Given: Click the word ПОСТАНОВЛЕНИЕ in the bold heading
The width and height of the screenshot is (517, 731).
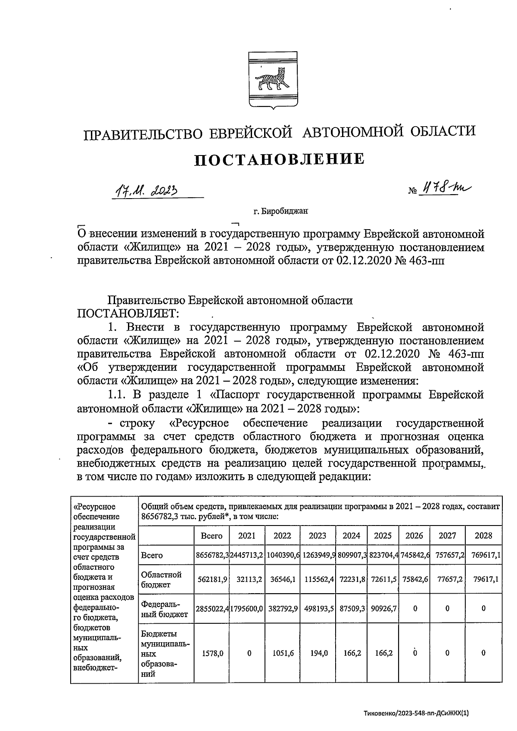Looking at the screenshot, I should pos(280,159).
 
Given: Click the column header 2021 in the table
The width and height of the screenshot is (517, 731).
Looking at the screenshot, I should pos(247,535).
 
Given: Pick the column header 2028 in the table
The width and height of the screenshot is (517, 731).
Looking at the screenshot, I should pos(483,535).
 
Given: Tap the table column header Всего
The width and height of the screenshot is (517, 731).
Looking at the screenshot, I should pos(212,535).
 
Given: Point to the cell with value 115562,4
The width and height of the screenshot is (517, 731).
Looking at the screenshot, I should pos(318,579).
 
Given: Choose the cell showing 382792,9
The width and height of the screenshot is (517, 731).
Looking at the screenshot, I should pos(282,609).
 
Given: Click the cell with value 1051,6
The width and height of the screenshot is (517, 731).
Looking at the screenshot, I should pos(282,653).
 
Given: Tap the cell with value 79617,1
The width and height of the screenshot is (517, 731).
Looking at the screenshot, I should pos(483,579).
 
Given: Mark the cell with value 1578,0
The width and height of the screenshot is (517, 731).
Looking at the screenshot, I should pos(212,653).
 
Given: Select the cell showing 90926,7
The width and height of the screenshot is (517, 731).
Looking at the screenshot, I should pos(383,609).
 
